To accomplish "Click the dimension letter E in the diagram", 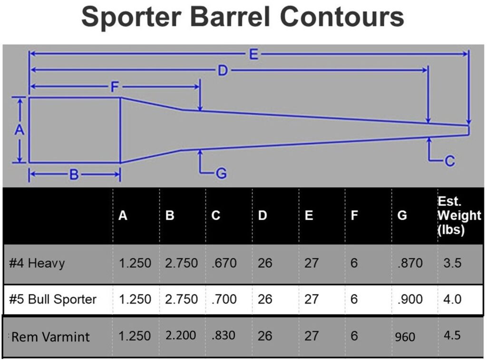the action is coord(253,54).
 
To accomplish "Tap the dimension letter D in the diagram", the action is coord(223,71).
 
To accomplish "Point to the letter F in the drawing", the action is coord(115,87).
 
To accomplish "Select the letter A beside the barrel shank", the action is coord(19,129).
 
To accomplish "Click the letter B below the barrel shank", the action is coord(74,175).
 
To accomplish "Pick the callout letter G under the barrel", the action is coord(221,173).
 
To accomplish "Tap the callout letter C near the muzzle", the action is coord(450,161).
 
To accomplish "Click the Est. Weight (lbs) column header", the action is coord(459,215).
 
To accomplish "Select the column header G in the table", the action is coord(402,215).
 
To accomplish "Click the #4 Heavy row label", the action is coord(37,263).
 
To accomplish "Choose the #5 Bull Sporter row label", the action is coord(53,300).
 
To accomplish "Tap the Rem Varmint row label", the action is coord(50,337).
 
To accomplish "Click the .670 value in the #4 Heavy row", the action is coord(224,263).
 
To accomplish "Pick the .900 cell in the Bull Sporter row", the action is coord(410,300).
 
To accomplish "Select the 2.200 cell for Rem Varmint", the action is coord(181,335).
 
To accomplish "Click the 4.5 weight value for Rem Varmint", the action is coord(452,335).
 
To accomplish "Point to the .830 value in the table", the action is coord(224,335).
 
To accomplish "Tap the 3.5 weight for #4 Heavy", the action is coord(452,263).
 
